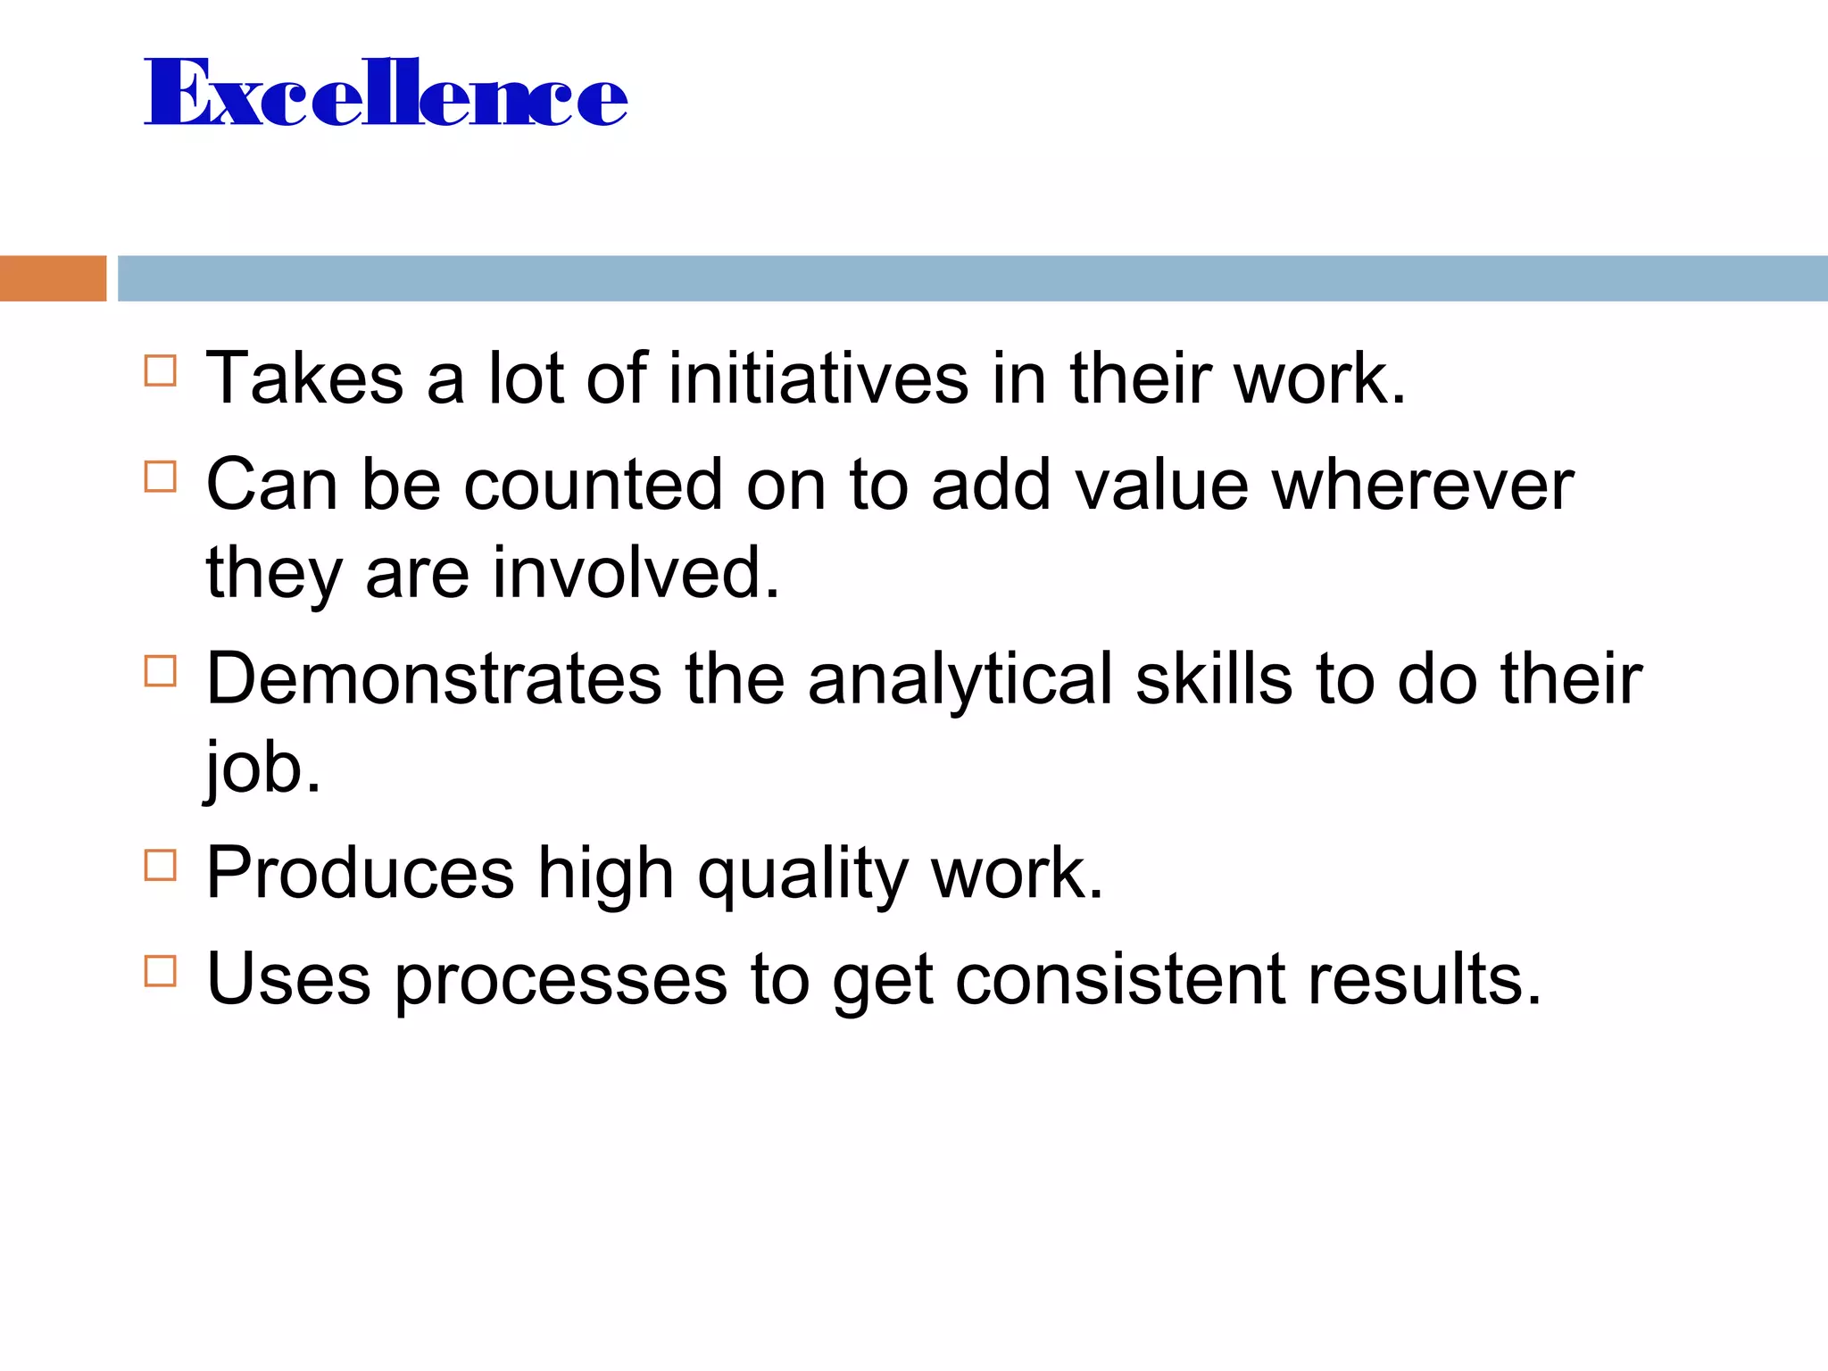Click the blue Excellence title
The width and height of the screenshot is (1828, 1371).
pyautogui.click(x=386, y=92)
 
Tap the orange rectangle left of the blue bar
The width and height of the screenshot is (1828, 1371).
pyautogui.click(x=53, y=278)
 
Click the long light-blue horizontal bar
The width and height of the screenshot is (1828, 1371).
pyautogui.click(x=972, y=278)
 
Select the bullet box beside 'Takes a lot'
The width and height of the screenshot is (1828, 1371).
pyautogui.click(x=160, y=370)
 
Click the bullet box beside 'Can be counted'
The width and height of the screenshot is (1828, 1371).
pyautogui.click(x=160, y=477)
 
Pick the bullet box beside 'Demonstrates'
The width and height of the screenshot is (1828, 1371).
pyautogui.click(x=160, y=670)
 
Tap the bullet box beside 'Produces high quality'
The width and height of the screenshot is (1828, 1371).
pyautogui.click(x=160, y=865)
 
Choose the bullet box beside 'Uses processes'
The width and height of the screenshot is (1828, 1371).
pyautogui.click(x=160, y=970)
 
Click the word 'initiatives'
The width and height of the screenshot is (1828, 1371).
pyautogui.click(x=818, y=378)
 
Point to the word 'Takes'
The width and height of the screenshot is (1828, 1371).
pyautogui.click(x=304, y=378)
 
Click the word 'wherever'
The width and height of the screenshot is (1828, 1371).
pyautogui.click(x=1422, y=485)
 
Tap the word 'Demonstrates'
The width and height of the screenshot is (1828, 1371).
pyautogui.click(x=434, y=678)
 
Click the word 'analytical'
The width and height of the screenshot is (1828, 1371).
pyautogui.click(x=960, y=678)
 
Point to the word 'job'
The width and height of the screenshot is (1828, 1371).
pyautogui.click(x=262, y=768)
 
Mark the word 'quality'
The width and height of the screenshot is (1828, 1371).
pyautogui.click(x=802, y=873)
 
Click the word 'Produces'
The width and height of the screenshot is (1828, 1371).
pyautogui.click(x=360, y=873)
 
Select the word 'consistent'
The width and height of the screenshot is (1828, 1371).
pyautogui.click(x=1120, y=979)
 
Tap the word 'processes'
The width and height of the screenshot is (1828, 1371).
pyautogui.click(x=561, y=979)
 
